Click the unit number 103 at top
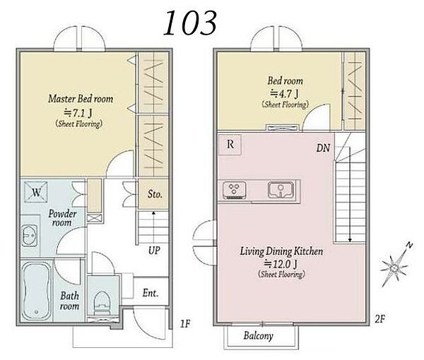click(190, 23)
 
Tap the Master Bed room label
click(81, 99)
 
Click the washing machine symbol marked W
click(36, 192)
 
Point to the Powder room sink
click(29, 236)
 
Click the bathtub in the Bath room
click(37, 291)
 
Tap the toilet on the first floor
click(102, 304)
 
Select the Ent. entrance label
click(151, 293)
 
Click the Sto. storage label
click(155, 194)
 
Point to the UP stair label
click(154, 251)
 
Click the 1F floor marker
click(185, 323)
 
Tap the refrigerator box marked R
click(230, 145)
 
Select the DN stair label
click(323, 148)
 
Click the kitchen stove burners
click(234, 190)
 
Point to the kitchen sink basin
click(281, 190)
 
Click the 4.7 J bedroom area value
click(285, 94)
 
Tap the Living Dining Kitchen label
click(281, 251)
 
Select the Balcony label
click(258, 336)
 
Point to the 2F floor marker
click(380, 319)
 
